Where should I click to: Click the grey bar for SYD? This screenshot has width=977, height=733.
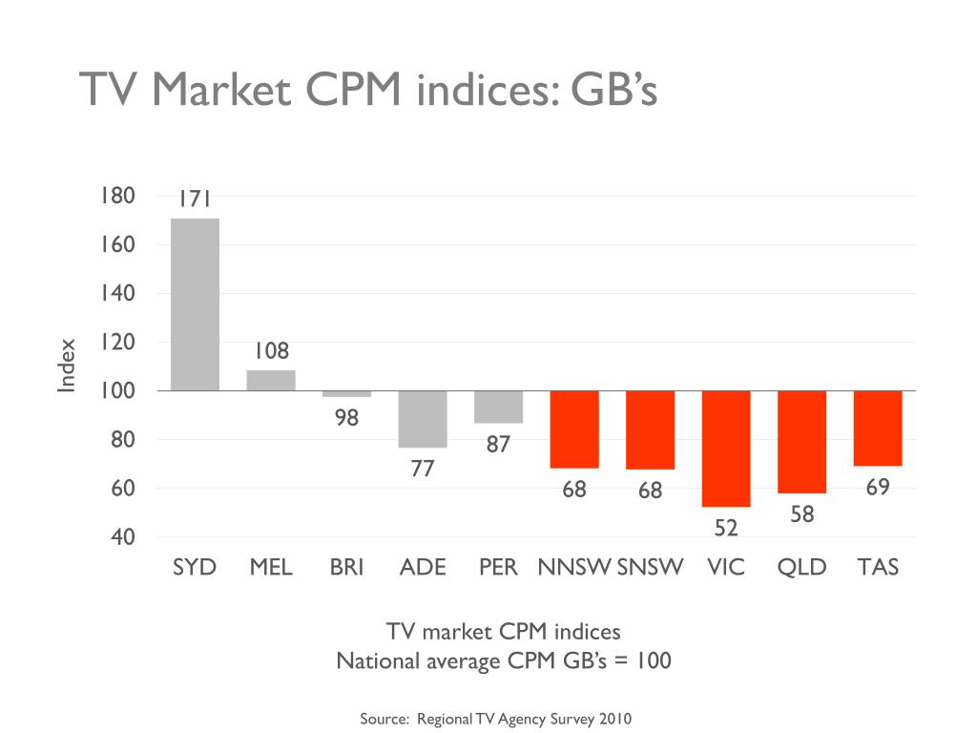point(195,304)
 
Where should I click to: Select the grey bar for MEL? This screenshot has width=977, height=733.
point(271,380)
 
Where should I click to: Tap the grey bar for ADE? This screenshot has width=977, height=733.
point(423,419)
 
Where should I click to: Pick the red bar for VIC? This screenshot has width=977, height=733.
point(726,449)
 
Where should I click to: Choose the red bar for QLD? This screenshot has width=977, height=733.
point(801,442)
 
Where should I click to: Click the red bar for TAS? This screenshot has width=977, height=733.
point(878,429)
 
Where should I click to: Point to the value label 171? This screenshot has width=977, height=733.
point(194,199)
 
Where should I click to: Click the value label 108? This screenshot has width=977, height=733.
point(271,351)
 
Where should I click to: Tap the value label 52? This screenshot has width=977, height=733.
point(726,528)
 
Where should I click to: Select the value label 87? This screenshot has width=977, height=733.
point(498,444)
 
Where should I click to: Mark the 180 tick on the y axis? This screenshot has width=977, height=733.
point(116,196)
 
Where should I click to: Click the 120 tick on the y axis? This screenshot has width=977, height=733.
point(116,342)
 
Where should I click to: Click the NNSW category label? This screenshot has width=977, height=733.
point(573,567)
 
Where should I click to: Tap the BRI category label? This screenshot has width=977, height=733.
point(346,567)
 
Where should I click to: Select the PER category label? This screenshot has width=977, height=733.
point(498,567)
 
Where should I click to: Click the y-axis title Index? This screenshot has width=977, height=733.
point(66,366)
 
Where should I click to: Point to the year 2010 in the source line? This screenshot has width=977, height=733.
point(615,719)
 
